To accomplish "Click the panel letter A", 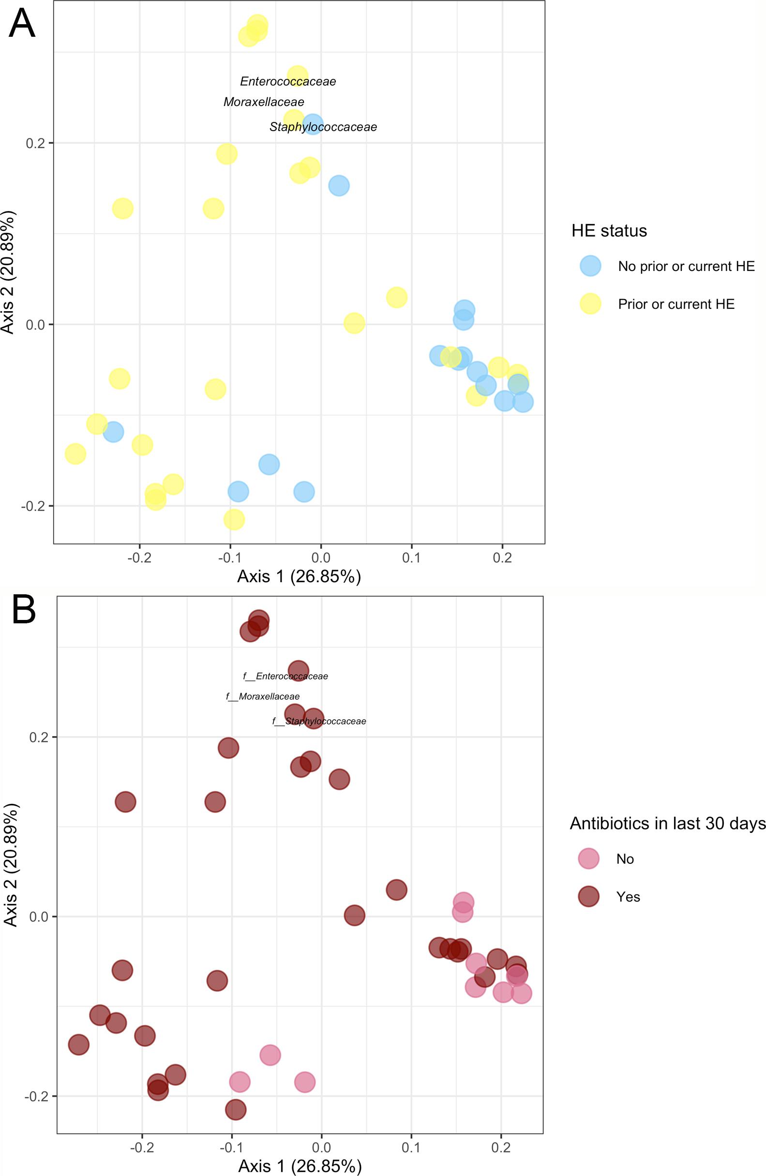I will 22,24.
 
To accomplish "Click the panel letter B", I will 23,611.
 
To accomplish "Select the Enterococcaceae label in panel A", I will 287,81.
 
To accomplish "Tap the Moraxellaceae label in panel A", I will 263,102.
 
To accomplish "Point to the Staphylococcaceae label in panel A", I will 323,127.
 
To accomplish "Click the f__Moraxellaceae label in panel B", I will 262,697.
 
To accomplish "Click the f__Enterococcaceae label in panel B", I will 285,677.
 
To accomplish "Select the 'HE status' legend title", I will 609,231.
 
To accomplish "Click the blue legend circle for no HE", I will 590,266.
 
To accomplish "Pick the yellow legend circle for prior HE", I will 590,303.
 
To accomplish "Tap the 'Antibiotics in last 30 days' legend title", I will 667,823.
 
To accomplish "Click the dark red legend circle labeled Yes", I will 588,896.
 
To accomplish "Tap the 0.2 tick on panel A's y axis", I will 35,143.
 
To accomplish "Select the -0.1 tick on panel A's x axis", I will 230,558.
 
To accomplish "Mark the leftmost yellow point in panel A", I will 75,453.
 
